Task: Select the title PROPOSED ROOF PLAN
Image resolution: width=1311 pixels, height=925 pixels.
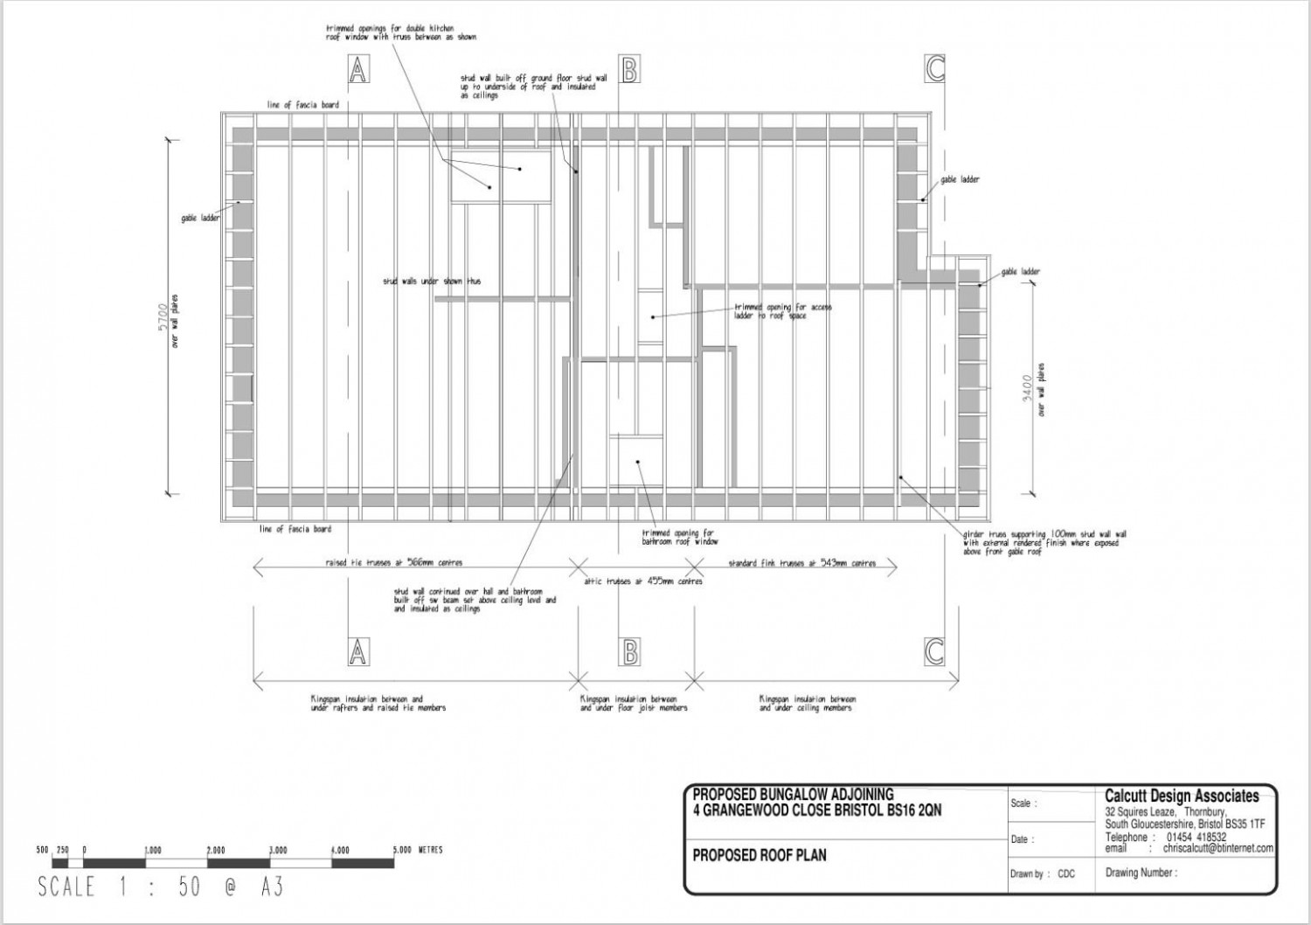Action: click(759, 855)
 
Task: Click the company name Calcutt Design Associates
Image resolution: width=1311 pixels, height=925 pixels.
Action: click(1182, 796)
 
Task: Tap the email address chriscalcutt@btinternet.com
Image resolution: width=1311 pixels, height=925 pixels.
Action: click(1217, 848)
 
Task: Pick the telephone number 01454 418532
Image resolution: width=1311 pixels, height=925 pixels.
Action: click(1196, 837)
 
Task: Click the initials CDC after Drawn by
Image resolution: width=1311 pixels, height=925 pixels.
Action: click(1066, 873)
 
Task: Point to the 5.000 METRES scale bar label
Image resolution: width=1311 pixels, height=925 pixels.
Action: click(418, 850)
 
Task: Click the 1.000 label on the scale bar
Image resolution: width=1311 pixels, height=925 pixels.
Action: click(152, 850)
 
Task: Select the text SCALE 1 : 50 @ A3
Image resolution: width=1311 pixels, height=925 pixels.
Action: click(161, 887)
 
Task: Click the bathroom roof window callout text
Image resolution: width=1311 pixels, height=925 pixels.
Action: click(679, 537)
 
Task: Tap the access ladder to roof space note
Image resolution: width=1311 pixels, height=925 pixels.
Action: click(782, 311)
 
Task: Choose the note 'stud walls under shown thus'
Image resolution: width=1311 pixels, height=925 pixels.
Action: click(431, 282)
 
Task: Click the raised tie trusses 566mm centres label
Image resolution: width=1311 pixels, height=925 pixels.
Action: click(400, 563)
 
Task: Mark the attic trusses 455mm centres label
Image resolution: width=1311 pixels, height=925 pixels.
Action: click(643, 581)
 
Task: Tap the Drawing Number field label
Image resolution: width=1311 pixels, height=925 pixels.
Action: click(1141, 873)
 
